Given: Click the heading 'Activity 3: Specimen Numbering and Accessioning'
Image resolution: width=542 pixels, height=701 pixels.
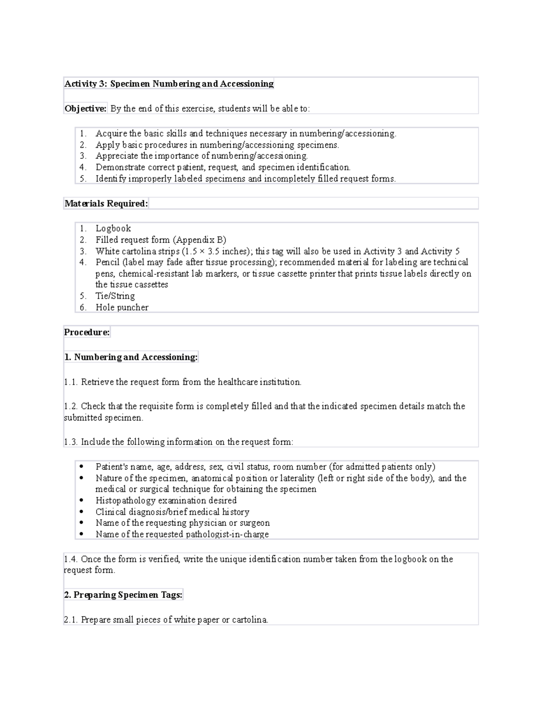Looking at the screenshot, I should point(169,84).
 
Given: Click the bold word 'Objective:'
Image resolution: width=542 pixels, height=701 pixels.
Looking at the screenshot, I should point(85,108).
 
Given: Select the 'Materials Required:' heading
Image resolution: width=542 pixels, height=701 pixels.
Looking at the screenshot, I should point(106,204).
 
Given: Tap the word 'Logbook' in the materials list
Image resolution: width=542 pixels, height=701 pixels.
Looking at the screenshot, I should point(113,228).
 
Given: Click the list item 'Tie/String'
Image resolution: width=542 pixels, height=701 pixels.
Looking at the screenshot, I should point(115,296).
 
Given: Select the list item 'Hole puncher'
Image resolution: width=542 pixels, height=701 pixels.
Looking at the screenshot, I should point(121,307).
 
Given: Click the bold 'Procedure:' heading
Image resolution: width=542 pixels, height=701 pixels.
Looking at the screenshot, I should point(87,332).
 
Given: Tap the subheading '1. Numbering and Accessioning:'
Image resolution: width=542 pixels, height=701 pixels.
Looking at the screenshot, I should point(131,357).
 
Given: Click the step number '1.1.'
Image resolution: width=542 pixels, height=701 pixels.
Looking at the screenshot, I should point(71,382).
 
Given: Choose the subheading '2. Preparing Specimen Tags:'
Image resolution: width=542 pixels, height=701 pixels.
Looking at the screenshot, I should point(123,595).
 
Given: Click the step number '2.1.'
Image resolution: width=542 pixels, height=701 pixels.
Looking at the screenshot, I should point(71,620).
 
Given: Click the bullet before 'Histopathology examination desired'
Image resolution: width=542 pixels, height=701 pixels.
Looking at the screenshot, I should point(81,501).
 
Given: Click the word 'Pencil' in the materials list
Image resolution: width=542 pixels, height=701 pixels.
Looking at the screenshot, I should point(107,262).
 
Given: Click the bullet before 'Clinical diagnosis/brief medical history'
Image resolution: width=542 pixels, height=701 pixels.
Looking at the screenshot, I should point(81,512).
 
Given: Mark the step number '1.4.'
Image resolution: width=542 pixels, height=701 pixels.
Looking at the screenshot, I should point(71,559).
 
